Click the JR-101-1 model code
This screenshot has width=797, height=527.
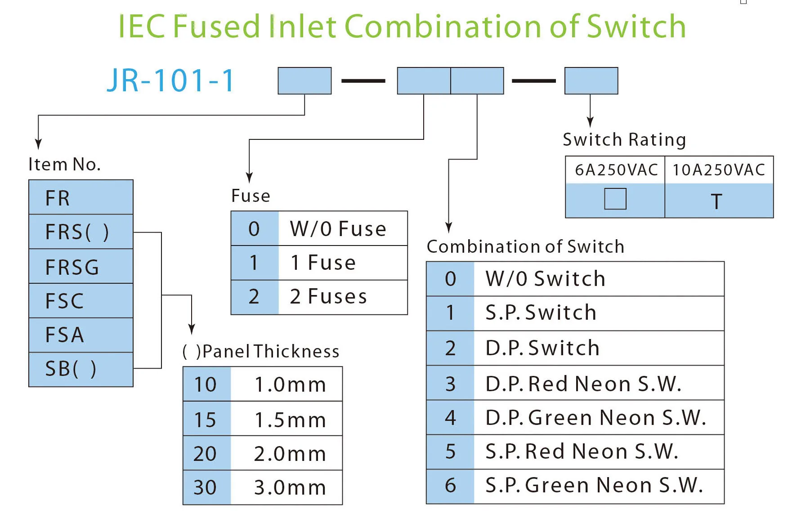coord(171,81)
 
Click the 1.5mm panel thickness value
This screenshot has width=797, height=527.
coord(290,420)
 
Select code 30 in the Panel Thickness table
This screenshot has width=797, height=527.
coord(205,487)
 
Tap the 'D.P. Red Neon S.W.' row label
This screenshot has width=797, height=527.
coord(583,384)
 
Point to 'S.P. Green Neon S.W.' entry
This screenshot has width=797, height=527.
coord(594,486)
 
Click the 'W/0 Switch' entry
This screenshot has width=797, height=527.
coord(546,279)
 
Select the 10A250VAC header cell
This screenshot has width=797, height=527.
coord(719,170)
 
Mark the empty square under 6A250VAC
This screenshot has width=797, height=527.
coord(615,199)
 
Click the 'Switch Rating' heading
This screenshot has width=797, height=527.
coord(624,140)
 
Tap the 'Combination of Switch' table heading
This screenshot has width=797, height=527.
coord(525,246)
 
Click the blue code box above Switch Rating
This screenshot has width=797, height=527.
coord(591,81)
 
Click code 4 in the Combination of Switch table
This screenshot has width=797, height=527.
coord(450,418)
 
